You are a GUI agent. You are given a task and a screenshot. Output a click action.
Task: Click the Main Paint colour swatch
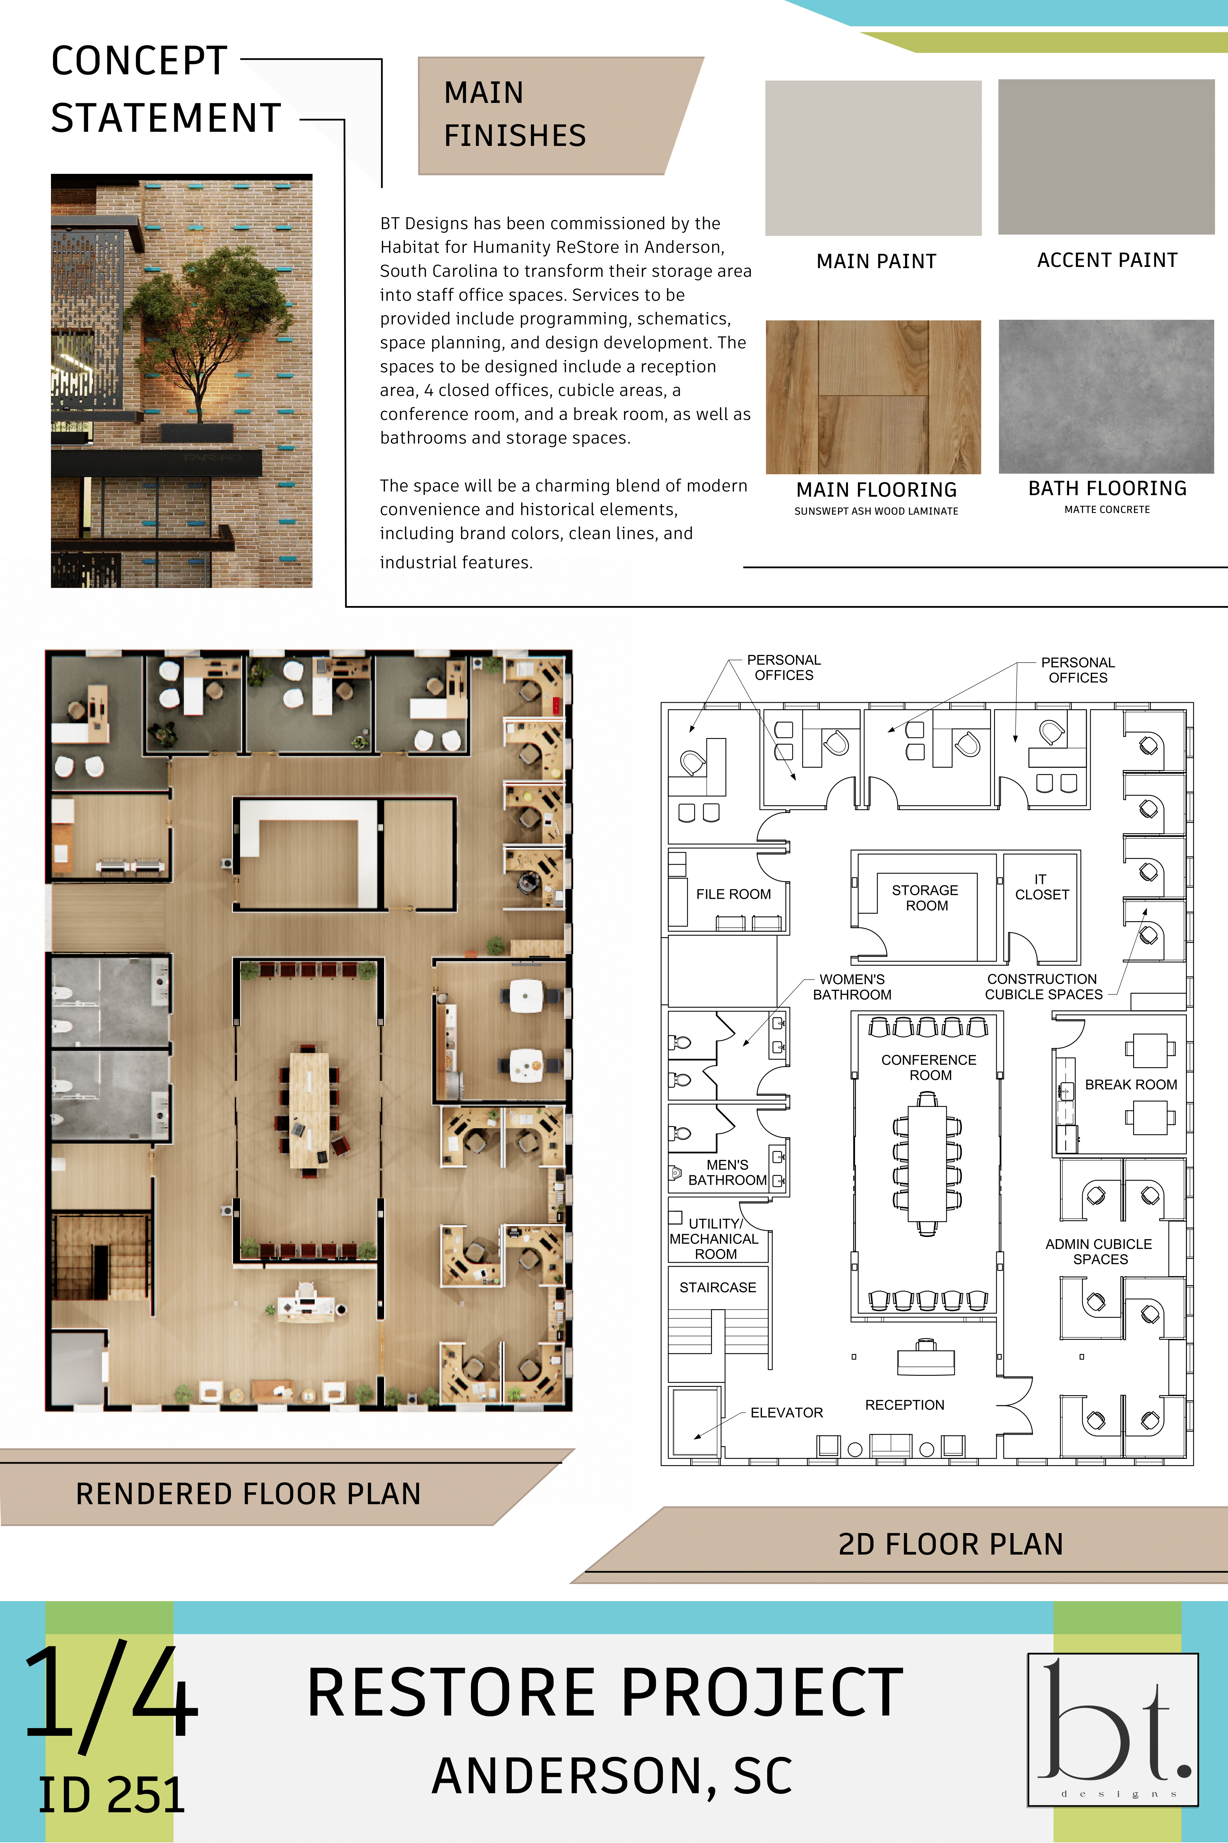pos(873,158)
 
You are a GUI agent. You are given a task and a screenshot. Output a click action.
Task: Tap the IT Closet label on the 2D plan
pos(1042,887)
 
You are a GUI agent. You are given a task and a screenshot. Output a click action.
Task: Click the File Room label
pos(733,894)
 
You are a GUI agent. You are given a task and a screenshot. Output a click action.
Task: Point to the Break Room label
pos(1131,1085)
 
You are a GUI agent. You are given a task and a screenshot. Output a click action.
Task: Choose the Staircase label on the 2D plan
pos(717,1287)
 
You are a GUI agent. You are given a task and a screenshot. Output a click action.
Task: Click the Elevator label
pos(786,1412)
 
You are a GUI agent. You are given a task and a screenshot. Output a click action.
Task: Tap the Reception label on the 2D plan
pos(904,1405)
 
